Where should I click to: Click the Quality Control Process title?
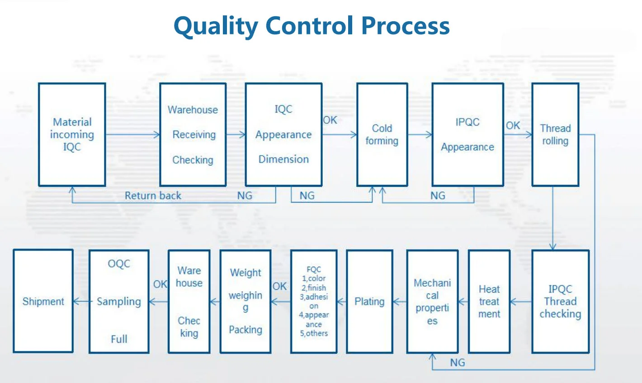[312, 26]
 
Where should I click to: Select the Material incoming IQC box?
[72, 134]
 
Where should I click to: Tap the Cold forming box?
[382, 134]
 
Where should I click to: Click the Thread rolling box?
[555, 134]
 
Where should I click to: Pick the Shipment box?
[43, 302]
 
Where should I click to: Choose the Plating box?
[369, 302]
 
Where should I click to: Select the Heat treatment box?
[489, 302]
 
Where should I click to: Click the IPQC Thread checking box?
[560, 302]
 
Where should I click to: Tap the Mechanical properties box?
[432, 302]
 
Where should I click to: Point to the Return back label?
[153, 196]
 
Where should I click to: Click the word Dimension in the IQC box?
[283, 159]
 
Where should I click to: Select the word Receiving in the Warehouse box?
[194, 135]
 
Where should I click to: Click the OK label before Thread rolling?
[513, 126]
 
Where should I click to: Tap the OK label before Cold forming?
[330, 120]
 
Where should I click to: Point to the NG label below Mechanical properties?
[458, 363]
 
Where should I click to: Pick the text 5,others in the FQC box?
[314, 333]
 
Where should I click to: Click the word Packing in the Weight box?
[245, 330]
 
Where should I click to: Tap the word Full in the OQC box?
[119, 339]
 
